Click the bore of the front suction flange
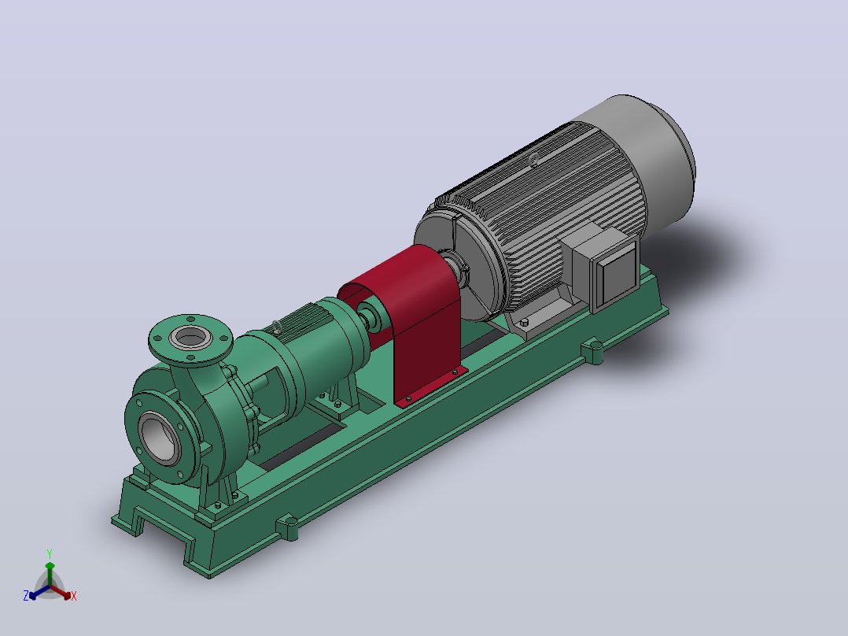(160, 438)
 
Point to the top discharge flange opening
(190, 338)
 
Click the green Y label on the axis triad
(50, 554)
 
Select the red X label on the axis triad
(74, 596)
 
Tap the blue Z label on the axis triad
(25, 596)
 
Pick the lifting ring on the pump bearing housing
(277, 327)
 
